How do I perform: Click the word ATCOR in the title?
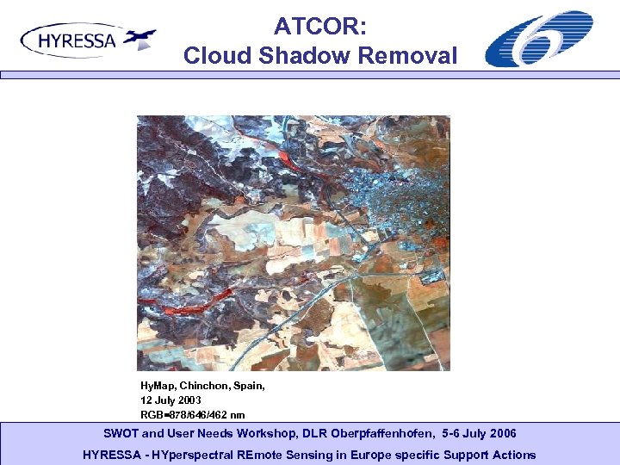point(320,28)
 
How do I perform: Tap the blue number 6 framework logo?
point(538,39)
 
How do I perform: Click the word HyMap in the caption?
point(158,387)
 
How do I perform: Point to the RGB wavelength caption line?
point(192,414)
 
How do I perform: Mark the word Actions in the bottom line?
point(514,455)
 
